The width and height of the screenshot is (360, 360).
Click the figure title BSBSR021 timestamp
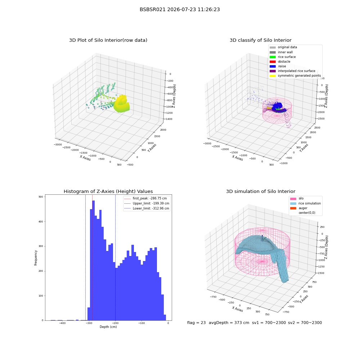pyautogui.click(x=180, y=9)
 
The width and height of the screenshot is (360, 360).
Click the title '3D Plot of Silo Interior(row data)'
pyautogui.click(x=108, y=40)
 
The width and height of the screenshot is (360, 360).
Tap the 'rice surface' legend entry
pyautogui.click(x=283, y=57)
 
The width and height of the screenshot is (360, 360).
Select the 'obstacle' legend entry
pyautogui.click(x=280, y=62)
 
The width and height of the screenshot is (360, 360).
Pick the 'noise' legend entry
pyautogui.click(x=278, y=66)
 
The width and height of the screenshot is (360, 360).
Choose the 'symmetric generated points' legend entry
pyautogui.click(x=295, y=76)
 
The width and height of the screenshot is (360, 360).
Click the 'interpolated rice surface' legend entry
pyautogui.click(x=292, y=71)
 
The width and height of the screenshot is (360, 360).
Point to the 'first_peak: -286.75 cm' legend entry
pyautogui.click(x=145, y=198)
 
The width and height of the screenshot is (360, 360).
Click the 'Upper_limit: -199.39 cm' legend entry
pyautogui.click(x=147, y=203)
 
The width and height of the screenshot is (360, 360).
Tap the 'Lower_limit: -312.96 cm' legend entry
pyautogui.click(x=147, y=208)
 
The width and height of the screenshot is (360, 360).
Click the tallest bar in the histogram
pyautogui.click(x=94, y=260)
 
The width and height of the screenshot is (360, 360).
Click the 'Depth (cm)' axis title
pyautogui.click(x=108, y=327)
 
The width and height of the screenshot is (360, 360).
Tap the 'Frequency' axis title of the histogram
pyautogui.click(x=36, y=258)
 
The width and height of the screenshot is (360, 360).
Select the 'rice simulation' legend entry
pyautogui.click(x=305, y=203)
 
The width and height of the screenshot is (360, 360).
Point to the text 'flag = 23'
pyautogui.click(x=196, y=323)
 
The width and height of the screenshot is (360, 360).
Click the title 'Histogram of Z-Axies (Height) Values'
pyautogui.click(x=108, y=192)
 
